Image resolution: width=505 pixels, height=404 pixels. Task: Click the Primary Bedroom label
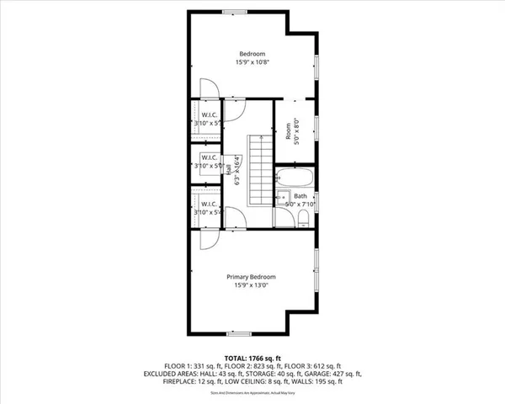251,277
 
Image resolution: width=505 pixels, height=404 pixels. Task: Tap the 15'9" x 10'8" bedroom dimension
251,62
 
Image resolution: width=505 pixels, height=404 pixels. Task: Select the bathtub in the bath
295,178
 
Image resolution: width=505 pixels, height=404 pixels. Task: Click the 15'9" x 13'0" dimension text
251,285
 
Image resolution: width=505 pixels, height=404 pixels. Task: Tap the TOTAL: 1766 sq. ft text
252,358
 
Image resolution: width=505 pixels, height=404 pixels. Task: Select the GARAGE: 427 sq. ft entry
338,374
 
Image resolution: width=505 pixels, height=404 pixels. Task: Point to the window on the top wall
234,10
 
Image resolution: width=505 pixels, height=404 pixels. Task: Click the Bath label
300,195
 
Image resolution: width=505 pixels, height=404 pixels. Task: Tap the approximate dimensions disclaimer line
252,392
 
